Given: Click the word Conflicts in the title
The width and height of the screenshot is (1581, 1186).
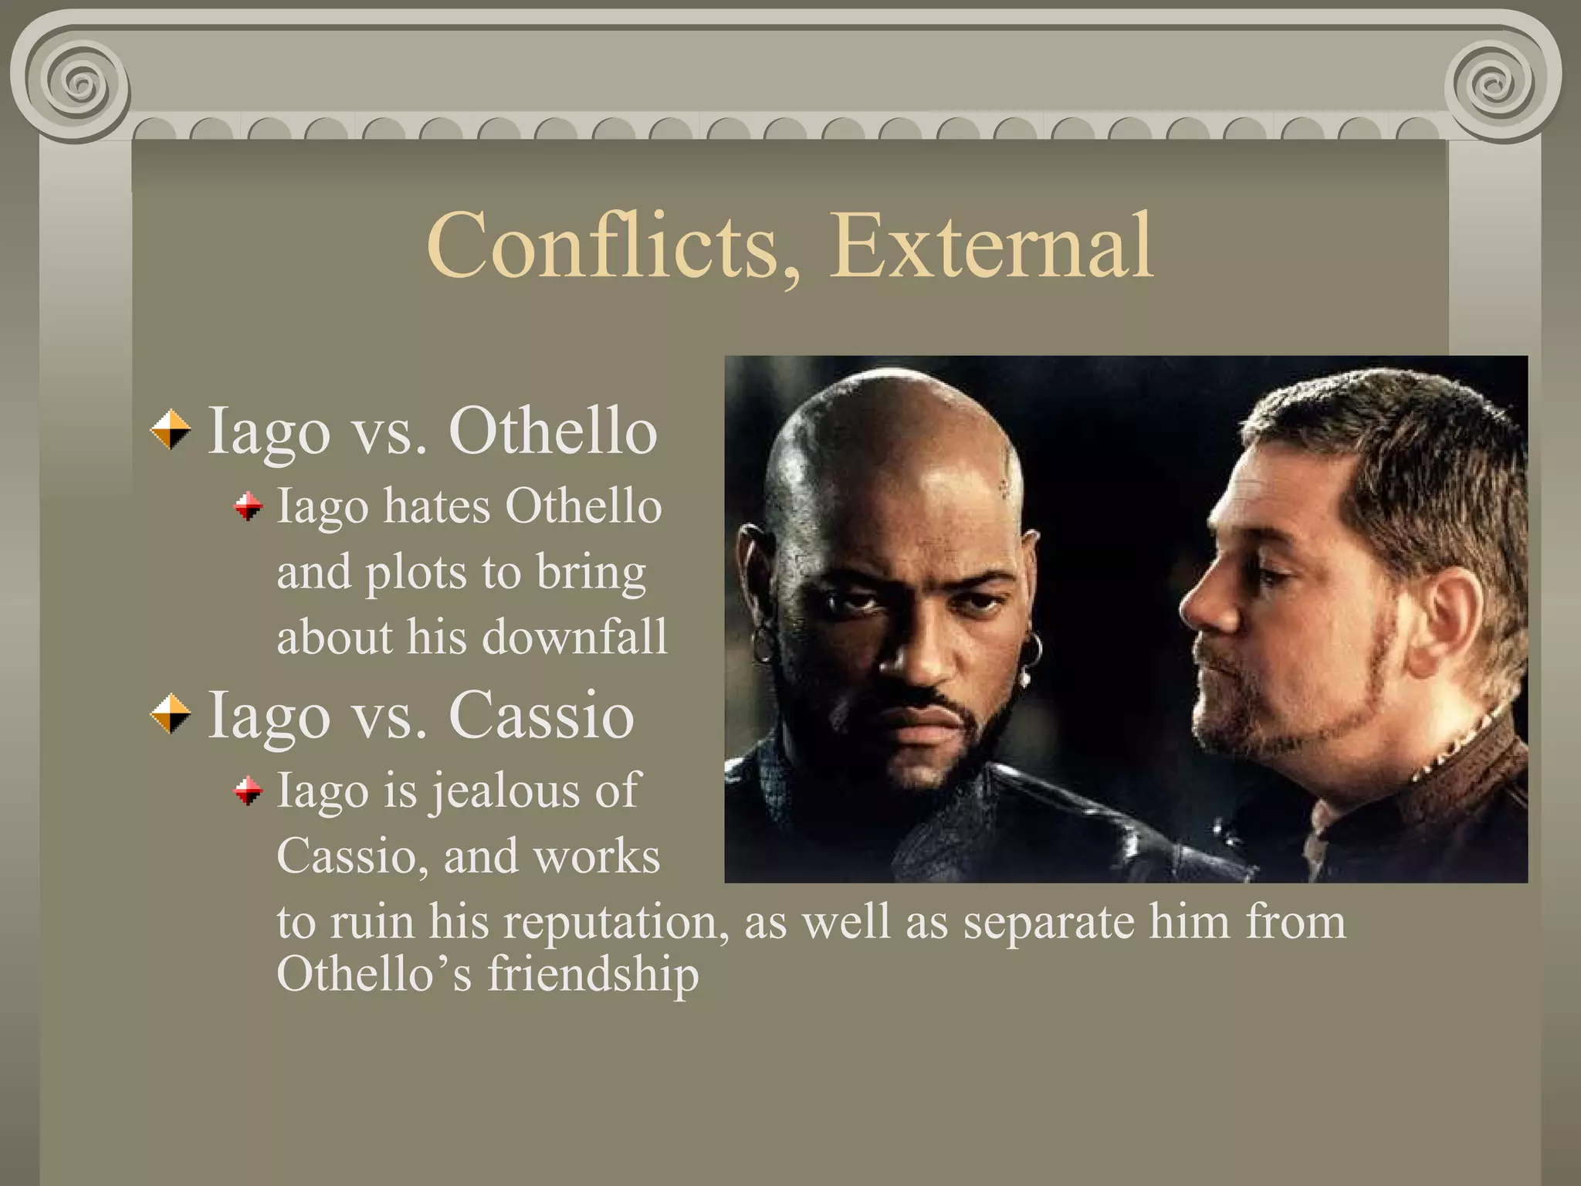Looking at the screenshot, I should (602, 246).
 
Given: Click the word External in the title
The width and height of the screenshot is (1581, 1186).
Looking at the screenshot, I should (991, 246).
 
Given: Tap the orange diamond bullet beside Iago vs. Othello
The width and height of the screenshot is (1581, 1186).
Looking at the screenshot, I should (171, 430).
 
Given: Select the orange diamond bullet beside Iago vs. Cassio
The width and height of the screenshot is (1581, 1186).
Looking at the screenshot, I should (171, 713).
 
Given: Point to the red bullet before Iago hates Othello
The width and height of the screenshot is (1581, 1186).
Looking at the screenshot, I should (249, 507).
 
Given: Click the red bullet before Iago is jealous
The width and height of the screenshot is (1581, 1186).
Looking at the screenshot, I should (249, 791).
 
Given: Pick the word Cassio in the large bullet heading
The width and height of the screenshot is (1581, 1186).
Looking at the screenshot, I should (541, 714).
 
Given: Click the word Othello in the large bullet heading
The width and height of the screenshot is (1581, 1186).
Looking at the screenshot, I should (553, 431).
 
